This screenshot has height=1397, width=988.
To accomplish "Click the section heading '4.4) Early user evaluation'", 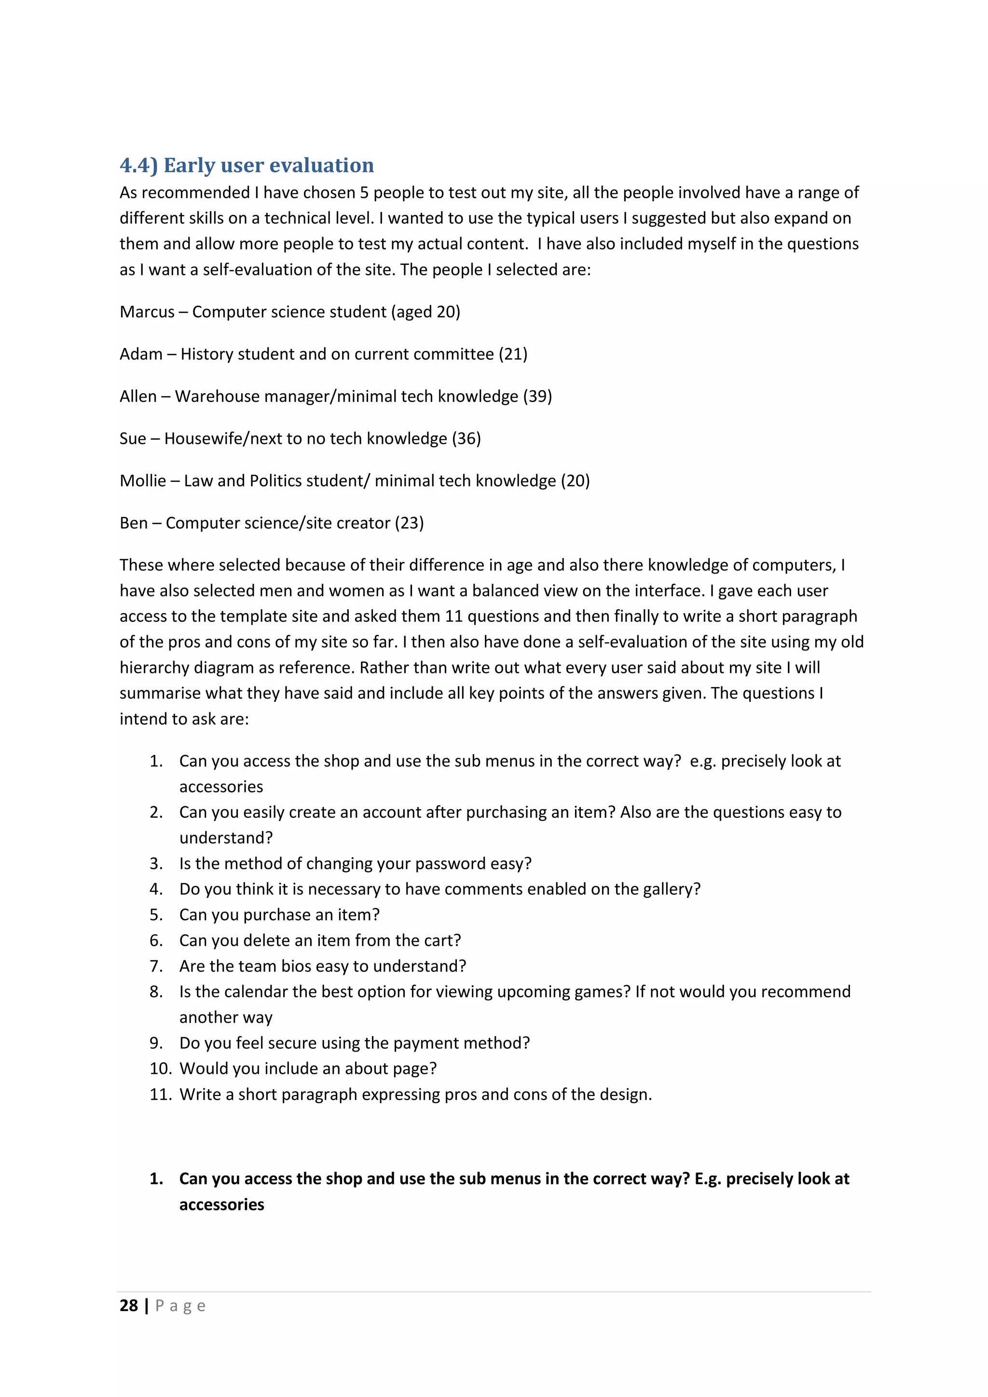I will point(247,165).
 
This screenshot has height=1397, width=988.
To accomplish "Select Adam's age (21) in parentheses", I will point(513,354).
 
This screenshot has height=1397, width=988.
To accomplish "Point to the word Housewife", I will point(203,438).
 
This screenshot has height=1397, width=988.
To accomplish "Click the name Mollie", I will point(142,480).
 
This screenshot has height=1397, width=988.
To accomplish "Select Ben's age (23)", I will point(409,523).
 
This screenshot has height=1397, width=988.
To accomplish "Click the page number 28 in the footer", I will point(129,1306).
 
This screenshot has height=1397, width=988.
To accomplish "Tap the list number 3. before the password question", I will point(156,863).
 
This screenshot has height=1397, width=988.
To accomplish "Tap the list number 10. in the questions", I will point(161,1068).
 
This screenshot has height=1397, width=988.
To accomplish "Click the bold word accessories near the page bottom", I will point(221,1205).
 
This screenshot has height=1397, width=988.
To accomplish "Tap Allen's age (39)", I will point(537,396).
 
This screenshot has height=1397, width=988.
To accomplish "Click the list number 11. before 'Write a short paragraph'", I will point(161,1094).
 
